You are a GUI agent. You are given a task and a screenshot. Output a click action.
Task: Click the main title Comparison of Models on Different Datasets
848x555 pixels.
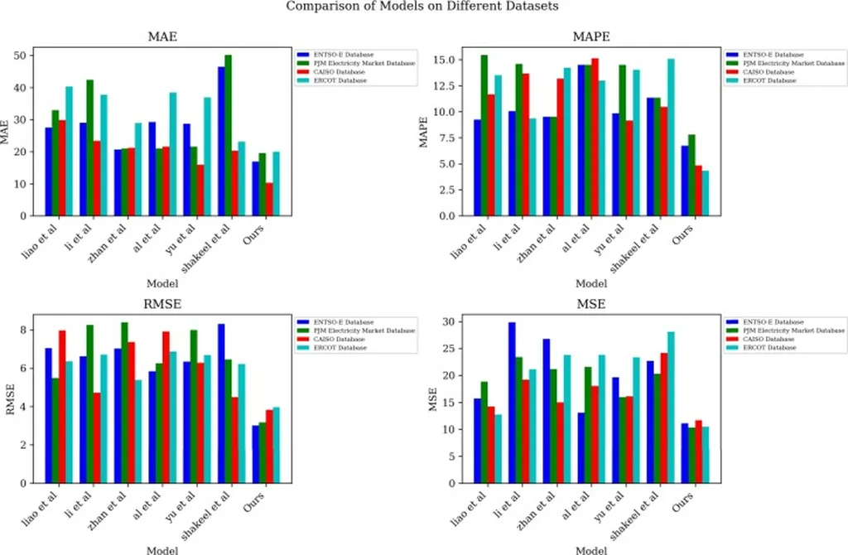click(422, 7)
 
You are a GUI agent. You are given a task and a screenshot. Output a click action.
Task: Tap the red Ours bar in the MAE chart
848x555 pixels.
click(269, 200)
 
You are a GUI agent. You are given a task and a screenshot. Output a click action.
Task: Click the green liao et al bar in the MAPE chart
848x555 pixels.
click(484, 136)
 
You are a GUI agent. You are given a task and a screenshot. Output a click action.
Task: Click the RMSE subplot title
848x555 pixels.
click(161, 304)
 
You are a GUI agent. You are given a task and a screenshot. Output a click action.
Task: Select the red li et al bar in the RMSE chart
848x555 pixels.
click(97, 437)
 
